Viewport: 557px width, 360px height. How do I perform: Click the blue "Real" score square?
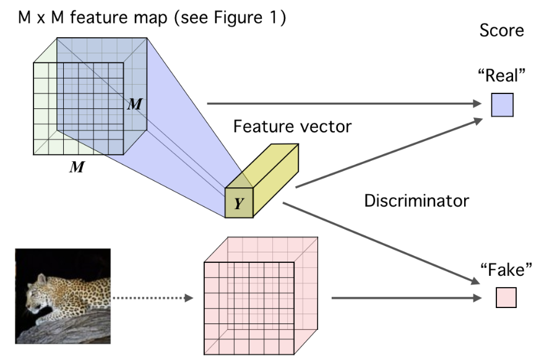(502, 105)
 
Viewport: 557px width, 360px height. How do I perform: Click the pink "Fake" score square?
(506, 298)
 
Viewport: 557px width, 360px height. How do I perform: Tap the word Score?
(502, 30)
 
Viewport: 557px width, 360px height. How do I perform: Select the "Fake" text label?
(506, 270)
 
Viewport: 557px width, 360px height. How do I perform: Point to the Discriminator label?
(417, 200)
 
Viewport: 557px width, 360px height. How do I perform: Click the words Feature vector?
(292, 127)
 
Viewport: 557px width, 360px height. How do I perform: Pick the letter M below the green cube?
(77, 167)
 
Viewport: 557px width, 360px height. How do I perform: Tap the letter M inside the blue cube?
(134, 104)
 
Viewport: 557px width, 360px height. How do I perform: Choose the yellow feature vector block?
(264, 179)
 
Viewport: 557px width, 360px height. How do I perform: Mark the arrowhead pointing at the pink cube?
(188, 298)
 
